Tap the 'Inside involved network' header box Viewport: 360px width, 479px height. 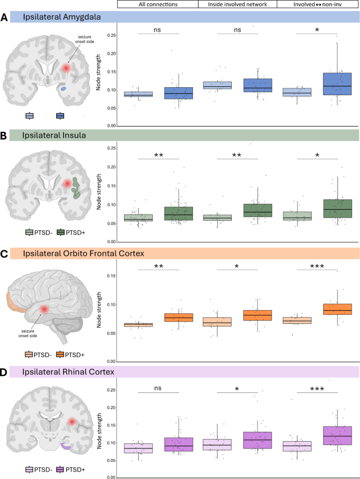(238, 4)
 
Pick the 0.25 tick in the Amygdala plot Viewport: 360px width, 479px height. (109, 35)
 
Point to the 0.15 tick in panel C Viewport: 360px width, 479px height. (109, 275)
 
